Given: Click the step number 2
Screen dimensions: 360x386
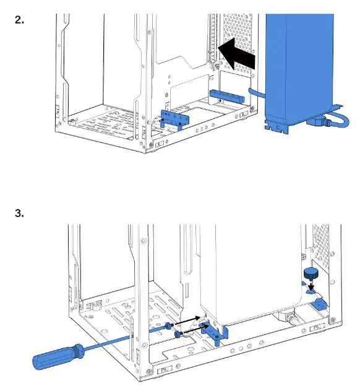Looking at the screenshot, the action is pos(19,20).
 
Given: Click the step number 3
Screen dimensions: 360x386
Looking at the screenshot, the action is pos(19,213).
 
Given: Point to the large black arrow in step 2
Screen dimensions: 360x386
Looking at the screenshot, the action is pos(236,54).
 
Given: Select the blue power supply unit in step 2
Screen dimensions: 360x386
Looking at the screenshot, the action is pos(299,66).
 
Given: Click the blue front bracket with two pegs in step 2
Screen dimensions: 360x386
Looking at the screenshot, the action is pos(174,119).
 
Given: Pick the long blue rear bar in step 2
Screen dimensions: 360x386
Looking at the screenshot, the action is pos(227,96).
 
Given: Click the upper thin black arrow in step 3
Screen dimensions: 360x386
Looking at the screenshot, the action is pos(187,320).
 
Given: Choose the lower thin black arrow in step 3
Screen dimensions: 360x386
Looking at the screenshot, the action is pos(196,329).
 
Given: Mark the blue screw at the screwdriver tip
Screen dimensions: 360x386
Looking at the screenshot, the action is pos(169,325).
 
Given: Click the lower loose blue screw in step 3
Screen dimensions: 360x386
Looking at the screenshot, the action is pos(179,334).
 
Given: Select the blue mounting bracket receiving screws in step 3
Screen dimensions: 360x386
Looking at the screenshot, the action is pos(214,333).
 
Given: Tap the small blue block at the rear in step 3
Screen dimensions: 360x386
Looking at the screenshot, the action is pos(319,304).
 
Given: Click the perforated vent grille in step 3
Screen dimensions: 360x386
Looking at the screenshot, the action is pos(321,246).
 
